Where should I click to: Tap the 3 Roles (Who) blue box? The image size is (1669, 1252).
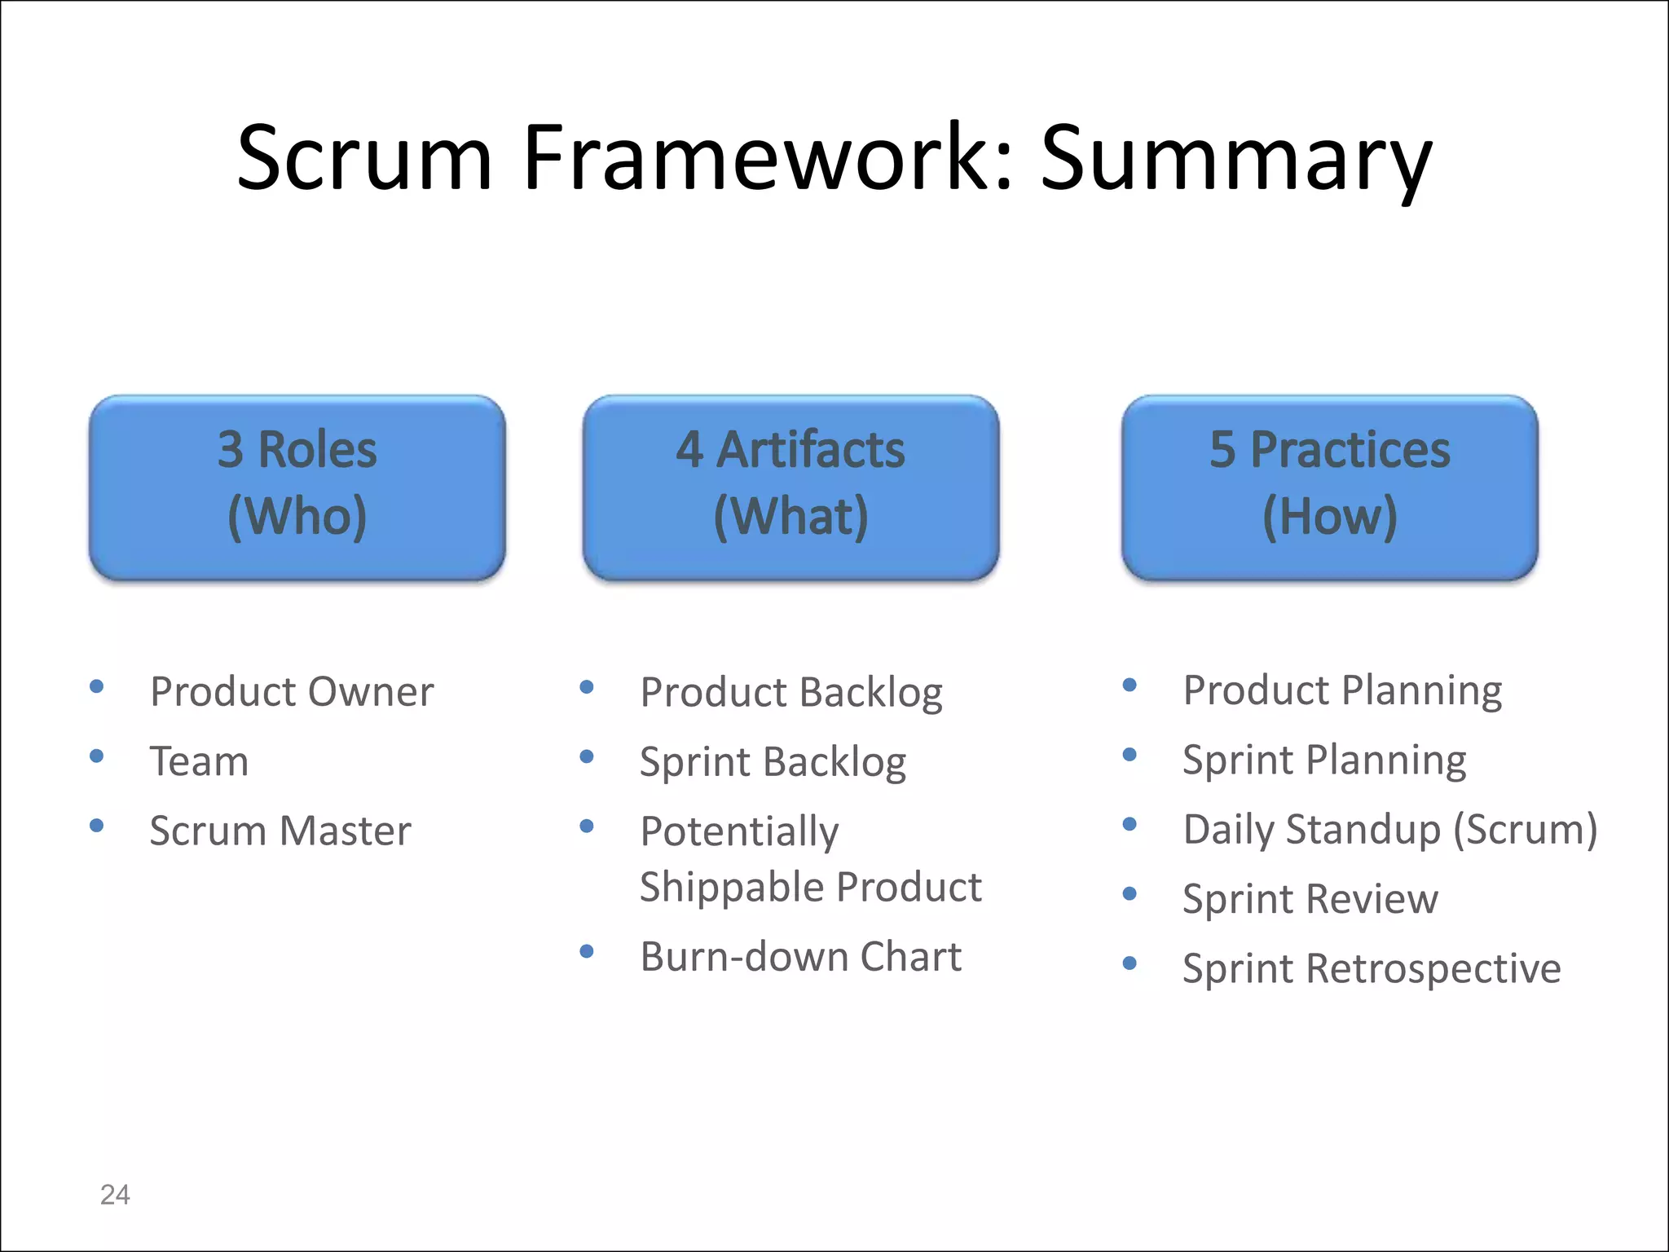tap(297, 487)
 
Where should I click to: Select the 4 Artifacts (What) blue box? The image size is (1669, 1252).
tap(790, 487)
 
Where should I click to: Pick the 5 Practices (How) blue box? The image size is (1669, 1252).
tap(1329, 487)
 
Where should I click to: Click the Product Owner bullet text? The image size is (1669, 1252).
tap(292, 692)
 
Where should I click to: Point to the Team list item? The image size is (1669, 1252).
tap(200, 761)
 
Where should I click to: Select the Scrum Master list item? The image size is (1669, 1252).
tap(280, 831)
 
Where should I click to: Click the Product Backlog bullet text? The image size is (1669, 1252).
tap(790, 694)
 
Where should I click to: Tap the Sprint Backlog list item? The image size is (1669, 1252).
tap(773, 763)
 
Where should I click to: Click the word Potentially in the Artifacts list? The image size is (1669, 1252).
tap(739, 832)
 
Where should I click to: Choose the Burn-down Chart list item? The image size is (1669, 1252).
tap(800, 957)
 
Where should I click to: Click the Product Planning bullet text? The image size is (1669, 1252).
tap(1342, 691)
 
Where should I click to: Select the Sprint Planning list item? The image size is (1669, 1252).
tap(1324, 760)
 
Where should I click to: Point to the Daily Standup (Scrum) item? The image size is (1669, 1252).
tap(1389, 830)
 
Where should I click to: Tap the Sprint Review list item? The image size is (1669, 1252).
tap(1310, 900)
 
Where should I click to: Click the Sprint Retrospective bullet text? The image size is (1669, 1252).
tap(1371, 969)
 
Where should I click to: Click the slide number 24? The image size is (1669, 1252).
tap(115, 1195)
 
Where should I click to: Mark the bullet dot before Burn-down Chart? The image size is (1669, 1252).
tap(587, 951)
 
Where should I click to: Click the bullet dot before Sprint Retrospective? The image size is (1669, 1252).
tap(1130, 963)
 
